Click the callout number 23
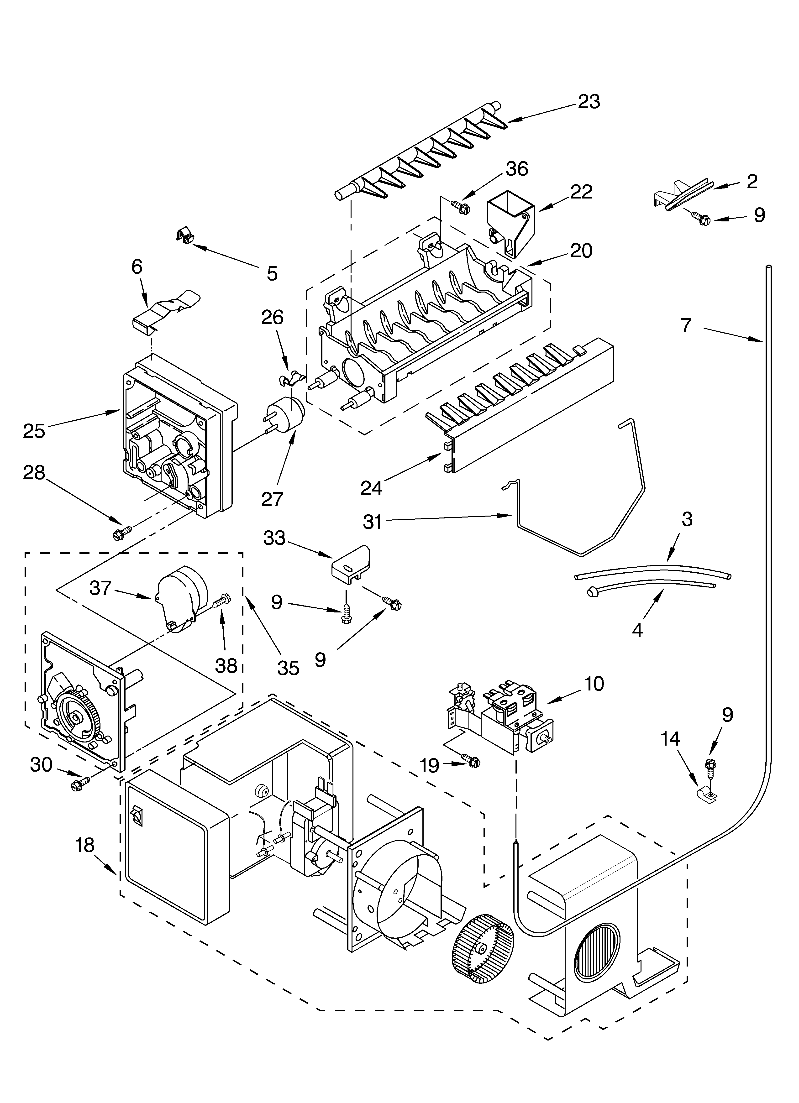pos(589,102)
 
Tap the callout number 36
pos(516,169)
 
